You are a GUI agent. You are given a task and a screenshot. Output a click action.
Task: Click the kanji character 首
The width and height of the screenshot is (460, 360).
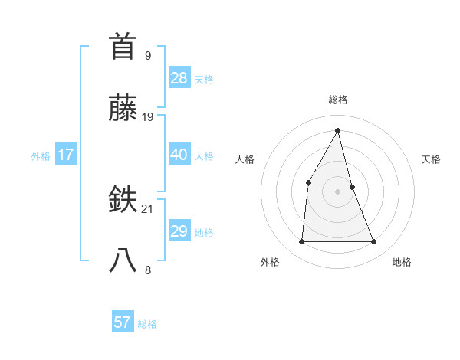click(124, 46)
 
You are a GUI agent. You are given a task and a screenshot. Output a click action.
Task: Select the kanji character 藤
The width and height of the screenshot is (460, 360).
click(124, 109)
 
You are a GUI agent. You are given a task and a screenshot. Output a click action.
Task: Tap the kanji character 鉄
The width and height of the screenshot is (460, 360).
click(124, 200)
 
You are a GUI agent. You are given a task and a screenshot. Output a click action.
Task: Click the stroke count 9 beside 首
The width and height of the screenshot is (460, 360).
click(147, 55)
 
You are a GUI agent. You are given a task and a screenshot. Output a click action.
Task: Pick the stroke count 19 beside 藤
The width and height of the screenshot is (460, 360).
click(148, 117)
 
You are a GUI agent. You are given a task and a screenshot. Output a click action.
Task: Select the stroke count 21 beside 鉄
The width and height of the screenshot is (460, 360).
click(148, 208)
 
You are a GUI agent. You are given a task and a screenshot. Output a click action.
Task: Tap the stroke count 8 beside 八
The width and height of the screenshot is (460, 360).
click(147, 270)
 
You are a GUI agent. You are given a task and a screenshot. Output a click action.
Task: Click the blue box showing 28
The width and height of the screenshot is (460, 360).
click(179, 77)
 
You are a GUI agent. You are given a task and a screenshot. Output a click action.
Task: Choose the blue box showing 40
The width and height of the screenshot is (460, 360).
click(179, 155)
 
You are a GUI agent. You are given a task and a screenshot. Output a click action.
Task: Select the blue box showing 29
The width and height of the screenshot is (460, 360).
click(179, 231)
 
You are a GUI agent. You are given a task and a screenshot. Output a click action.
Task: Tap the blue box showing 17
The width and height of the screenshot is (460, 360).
click(66, 155)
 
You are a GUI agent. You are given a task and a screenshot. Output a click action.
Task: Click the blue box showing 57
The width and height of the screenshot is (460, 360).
click(123, 322)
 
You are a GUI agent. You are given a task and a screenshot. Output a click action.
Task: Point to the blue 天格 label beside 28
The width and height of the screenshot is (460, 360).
click(204, 79)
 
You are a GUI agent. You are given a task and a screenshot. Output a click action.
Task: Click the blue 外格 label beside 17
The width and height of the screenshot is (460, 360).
click(41, 156)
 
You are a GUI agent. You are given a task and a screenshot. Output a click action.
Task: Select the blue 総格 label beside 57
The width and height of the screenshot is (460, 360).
click(147, 324)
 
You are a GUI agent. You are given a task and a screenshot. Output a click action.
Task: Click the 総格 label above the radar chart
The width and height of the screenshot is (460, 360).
click(337, 100)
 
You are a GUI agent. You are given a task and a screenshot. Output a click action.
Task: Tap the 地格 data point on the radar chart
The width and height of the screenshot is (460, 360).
click(374, 242)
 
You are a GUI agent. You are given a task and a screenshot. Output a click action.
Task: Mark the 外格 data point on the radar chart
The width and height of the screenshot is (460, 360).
click(301, 242)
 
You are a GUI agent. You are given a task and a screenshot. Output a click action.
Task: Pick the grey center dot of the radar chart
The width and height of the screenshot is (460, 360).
click(337, 191)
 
